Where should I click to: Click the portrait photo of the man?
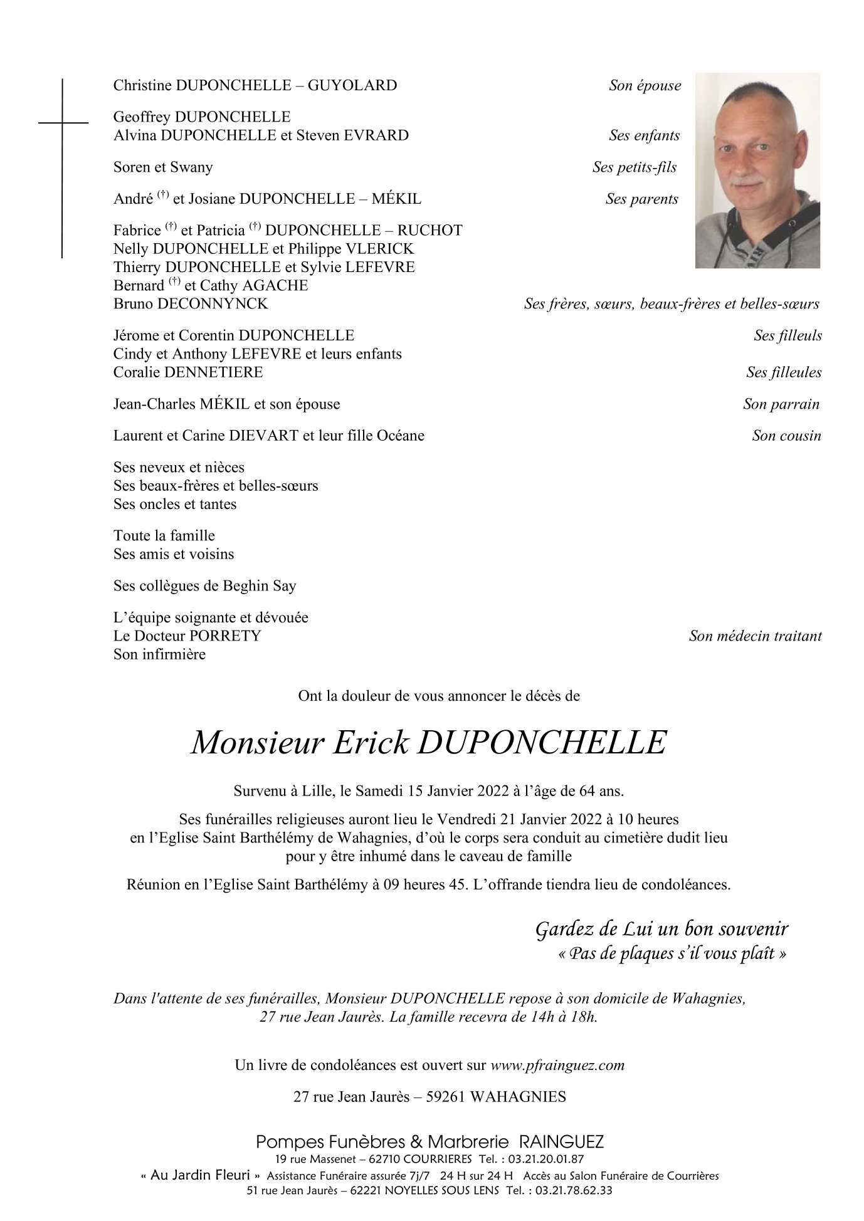pos(757,170)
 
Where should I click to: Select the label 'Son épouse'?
pos(645,86)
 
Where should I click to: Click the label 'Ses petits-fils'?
pos(635,167)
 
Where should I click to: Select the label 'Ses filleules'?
pos(784,372)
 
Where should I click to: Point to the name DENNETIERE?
pos(213,372)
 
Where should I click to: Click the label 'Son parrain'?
pos(781,404)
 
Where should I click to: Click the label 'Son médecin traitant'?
pos(755,636)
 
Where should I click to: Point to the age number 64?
pos(588,791)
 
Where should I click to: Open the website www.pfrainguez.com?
pos(557,1065)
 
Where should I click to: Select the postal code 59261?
pos(445,1097)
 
